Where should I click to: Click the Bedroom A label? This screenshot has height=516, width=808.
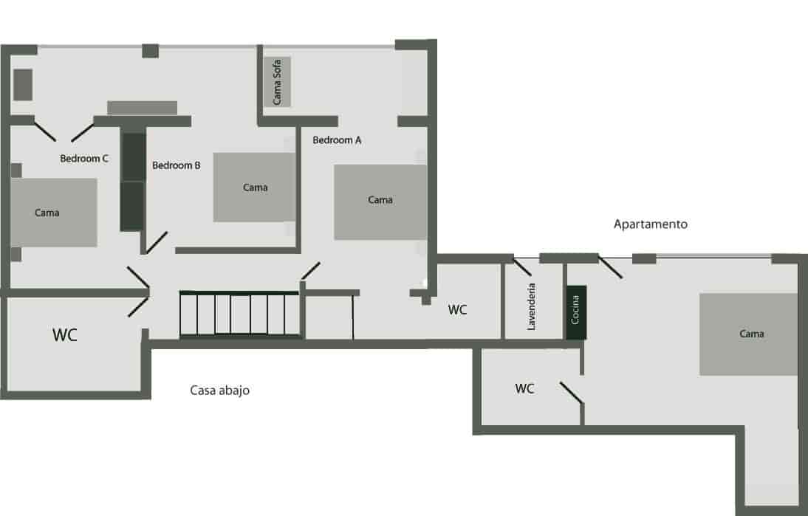pos(337,140)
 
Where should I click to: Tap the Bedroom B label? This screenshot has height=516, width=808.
pos(177,165)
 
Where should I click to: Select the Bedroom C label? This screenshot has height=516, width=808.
pos(84,158)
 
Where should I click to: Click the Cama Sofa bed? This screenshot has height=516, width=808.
pos(278,81)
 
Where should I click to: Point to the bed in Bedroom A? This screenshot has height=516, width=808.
pos(380,202)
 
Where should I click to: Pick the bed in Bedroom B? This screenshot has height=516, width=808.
pos(255,188)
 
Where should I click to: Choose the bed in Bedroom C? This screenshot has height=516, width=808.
pos(53,213)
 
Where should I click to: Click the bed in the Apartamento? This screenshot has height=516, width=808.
pos(749,334)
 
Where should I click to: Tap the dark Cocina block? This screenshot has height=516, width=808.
pos(576,312)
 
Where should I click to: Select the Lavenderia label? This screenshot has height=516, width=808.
pos(532,306)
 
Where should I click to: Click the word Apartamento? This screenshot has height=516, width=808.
pos(651,224)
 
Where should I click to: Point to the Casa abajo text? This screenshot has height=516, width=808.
pos(220,391)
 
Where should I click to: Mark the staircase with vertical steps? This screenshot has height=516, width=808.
pos(241,314)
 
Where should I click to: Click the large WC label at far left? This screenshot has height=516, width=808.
pos(65,334)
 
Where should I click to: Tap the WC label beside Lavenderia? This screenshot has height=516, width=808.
pos(458,310)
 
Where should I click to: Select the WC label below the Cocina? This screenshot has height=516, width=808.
pos(524,388)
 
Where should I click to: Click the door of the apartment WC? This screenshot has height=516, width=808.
pos(572,393)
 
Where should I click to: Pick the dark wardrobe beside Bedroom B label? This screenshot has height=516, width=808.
pos(132,182)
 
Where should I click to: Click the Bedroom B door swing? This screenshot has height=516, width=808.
pos(156,243)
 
